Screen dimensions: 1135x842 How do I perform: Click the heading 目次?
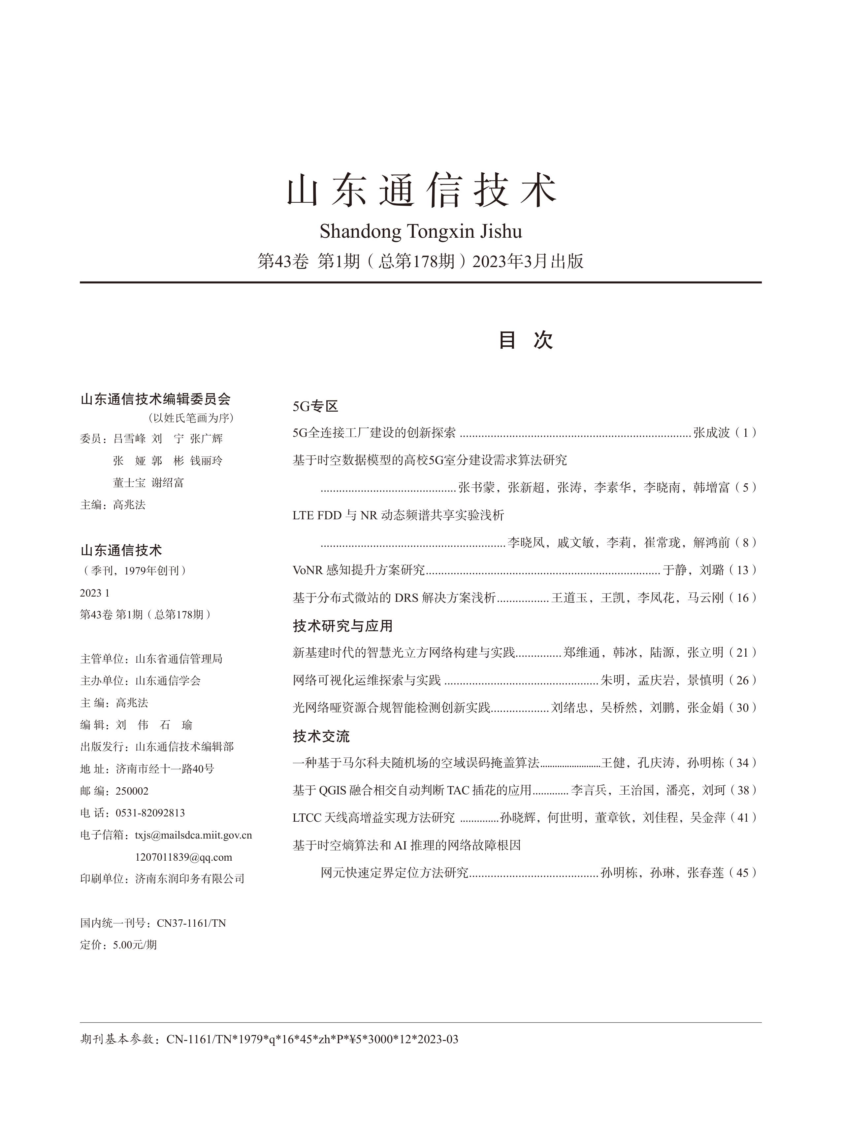(x=526, y=340)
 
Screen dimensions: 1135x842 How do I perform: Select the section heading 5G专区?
(x=315, y=406)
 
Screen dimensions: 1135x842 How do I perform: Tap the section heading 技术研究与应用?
(x=342, y=626)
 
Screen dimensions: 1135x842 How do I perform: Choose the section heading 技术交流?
(x=321, y=736)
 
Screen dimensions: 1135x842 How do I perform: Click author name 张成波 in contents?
(x=712, y=433)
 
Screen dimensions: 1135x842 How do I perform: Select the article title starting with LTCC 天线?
(x=373, y=818)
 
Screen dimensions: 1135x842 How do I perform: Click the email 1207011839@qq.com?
(x=183, y=857)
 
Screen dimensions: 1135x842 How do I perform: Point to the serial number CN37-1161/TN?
(x=191, y=923)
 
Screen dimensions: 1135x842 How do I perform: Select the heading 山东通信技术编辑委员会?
(x=155, y=399)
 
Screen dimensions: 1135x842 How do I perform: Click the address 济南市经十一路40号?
(x=165, y=769)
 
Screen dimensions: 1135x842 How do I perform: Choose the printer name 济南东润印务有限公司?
(x=190, y=878)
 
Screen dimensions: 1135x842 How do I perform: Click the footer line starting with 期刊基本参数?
(x=269, y=1039)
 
